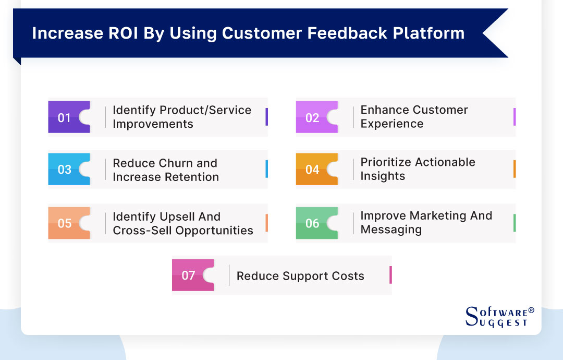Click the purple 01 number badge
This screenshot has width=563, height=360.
[x=65, y=117]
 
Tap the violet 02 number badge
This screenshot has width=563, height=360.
[x=313, y=117]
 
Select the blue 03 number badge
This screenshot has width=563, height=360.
[x=65, y=170]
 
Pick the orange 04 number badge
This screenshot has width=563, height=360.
[x=313, y=170]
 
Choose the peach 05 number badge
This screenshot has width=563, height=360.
[x=65, y=223]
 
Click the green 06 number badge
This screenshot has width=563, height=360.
[x=313, y=223]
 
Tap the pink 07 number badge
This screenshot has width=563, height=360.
[x=189, y=275]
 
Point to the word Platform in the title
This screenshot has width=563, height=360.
[x=429, y=33]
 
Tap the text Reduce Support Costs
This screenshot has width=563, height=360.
[x=300, y=276]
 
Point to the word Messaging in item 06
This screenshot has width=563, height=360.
[x=391, y=230]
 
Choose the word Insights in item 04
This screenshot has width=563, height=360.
[x=383, y=176]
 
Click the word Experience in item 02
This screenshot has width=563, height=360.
[x=392, y=124]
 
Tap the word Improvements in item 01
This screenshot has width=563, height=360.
[x=153, y=124]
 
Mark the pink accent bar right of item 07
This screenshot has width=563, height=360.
[x=390, y=275]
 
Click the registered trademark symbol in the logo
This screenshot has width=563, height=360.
[x=531, y=310]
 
